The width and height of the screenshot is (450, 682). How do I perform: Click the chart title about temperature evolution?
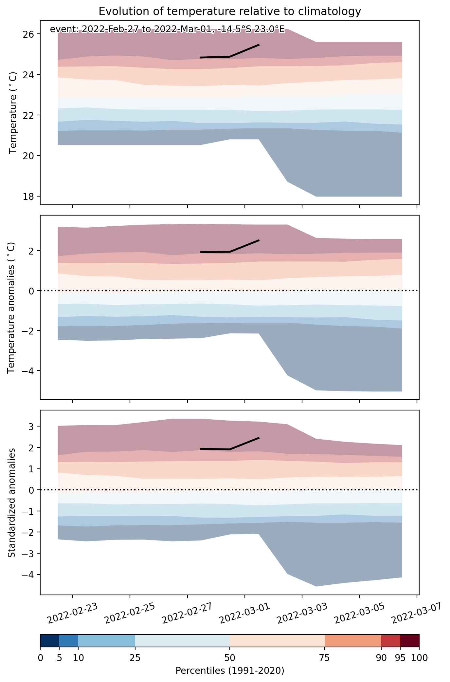tap(230, 11)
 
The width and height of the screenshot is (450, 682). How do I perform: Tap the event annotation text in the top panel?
tap(168, 29)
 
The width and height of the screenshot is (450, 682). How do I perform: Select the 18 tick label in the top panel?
tap(30, 196)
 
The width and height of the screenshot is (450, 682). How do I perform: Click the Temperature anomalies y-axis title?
tap(11, 308)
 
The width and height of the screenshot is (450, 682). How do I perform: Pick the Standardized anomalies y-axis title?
tap(11, 503)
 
